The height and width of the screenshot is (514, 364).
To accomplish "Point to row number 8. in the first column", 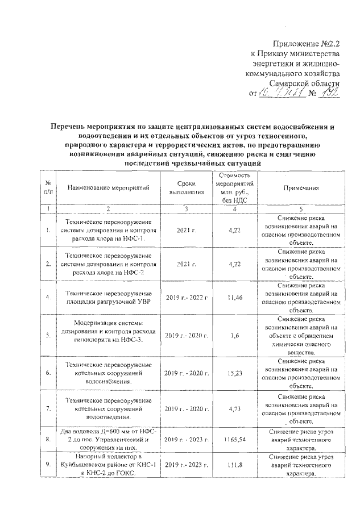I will tap(49, 439).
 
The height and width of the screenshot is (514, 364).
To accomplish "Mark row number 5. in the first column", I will tap(49, 336).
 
